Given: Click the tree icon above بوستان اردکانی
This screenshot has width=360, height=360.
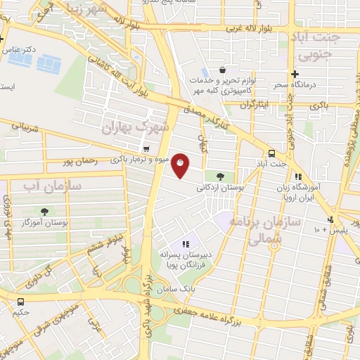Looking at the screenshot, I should (221, 176).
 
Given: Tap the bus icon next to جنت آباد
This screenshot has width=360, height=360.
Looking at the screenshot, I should (271, 153).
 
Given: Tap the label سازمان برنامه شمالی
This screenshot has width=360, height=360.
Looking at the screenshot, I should (274, 231).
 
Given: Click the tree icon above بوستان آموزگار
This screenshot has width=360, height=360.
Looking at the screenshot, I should (45, 211).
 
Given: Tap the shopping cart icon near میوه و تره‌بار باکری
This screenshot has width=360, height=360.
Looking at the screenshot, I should (146, 148).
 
